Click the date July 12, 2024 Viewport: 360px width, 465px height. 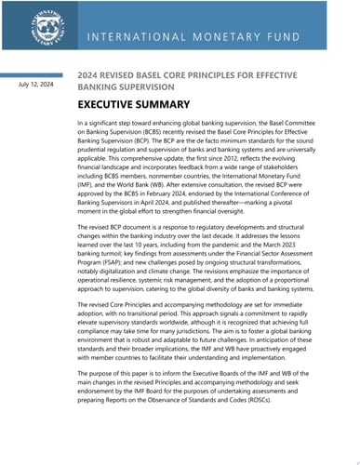pyautogui.click(x=36, y=86)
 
